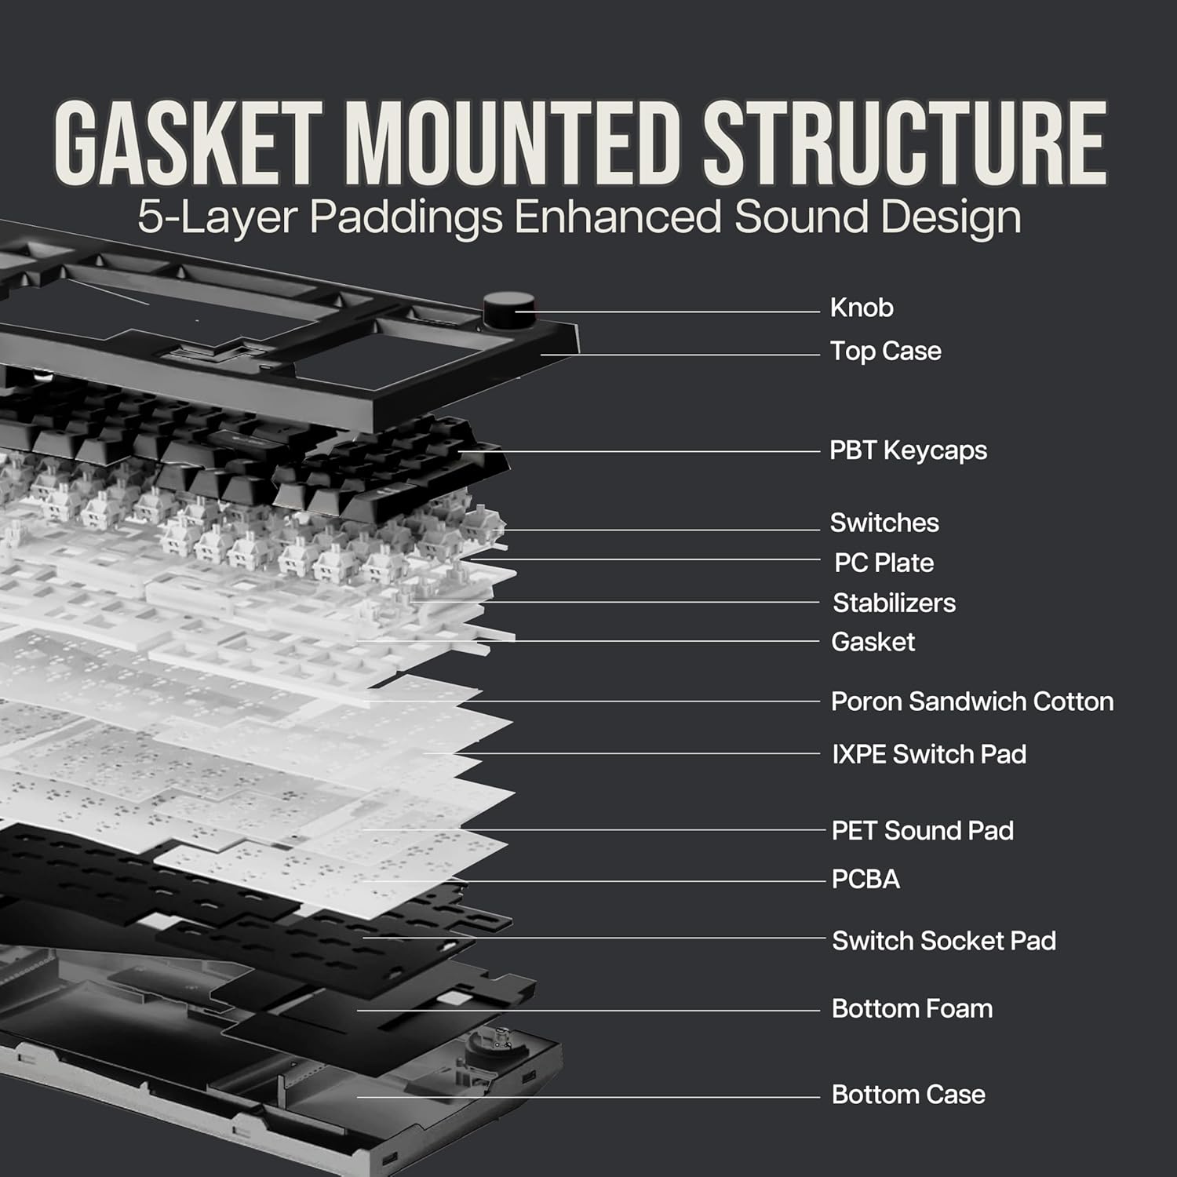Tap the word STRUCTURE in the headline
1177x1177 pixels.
904,144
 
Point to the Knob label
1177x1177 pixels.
862,308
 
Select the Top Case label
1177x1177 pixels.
886,351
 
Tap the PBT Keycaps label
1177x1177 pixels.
908,450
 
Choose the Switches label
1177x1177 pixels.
884,523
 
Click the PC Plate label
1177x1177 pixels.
884,563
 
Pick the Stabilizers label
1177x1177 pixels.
894,603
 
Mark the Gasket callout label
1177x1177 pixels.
873,642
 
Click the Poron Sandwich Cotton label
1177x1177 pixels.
972,701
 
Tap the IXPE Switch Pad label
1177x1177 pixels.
929,754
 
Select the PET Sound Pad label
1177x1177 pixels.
922,830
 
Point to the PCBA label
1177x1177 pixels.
865,879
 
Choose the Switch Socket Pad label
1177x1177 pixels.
944,940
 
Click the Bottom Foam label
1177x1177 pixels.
912,1008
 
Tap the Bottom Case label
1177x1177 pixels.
908,1095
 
